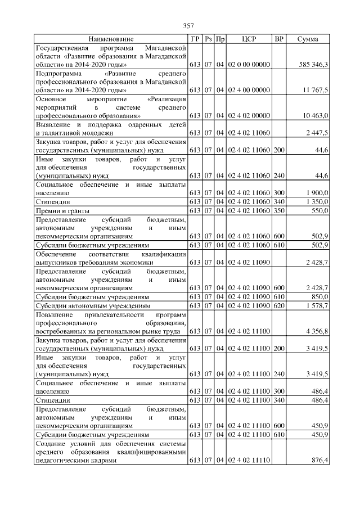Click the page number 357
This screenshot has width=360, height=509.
click(x=188, y=26)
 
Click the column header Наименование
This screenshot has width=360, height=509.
click(x=111, y=39)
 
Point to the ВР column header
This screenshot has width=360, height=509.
click(x=278, y=39)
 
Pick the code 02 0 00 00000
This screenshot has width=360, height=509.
click(x=249, y=65)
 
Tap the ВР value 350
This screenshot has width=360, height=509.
click(x=278, y=210)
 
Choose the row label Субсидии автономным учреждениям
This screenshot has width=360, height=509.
click(x=93, y=305)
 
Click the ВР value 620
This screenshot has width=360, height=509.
click(x=278, y=305)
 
